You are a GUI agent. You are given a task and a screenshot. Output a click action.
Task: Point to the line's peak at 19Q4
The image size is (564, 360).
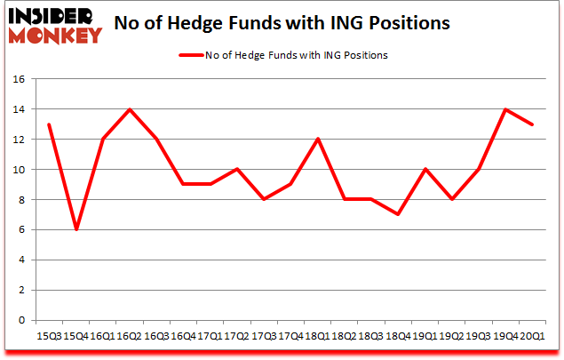505,109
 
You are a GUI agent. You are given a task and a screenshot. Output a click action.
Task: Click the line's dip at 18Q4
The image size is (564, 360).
397,214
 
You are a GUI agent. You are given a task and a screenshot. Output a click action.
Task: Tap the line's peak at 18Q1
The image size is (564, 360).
316,140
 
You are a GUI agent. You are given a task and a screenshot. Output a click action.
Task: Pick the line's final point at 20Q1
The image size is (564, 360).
532,124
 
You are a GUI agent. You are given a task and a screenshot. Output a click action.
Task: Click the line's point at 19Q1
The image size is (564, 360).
425,170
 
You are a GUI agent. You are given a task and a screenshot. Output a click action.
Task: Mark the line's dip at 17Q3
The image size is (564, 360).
263,200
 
